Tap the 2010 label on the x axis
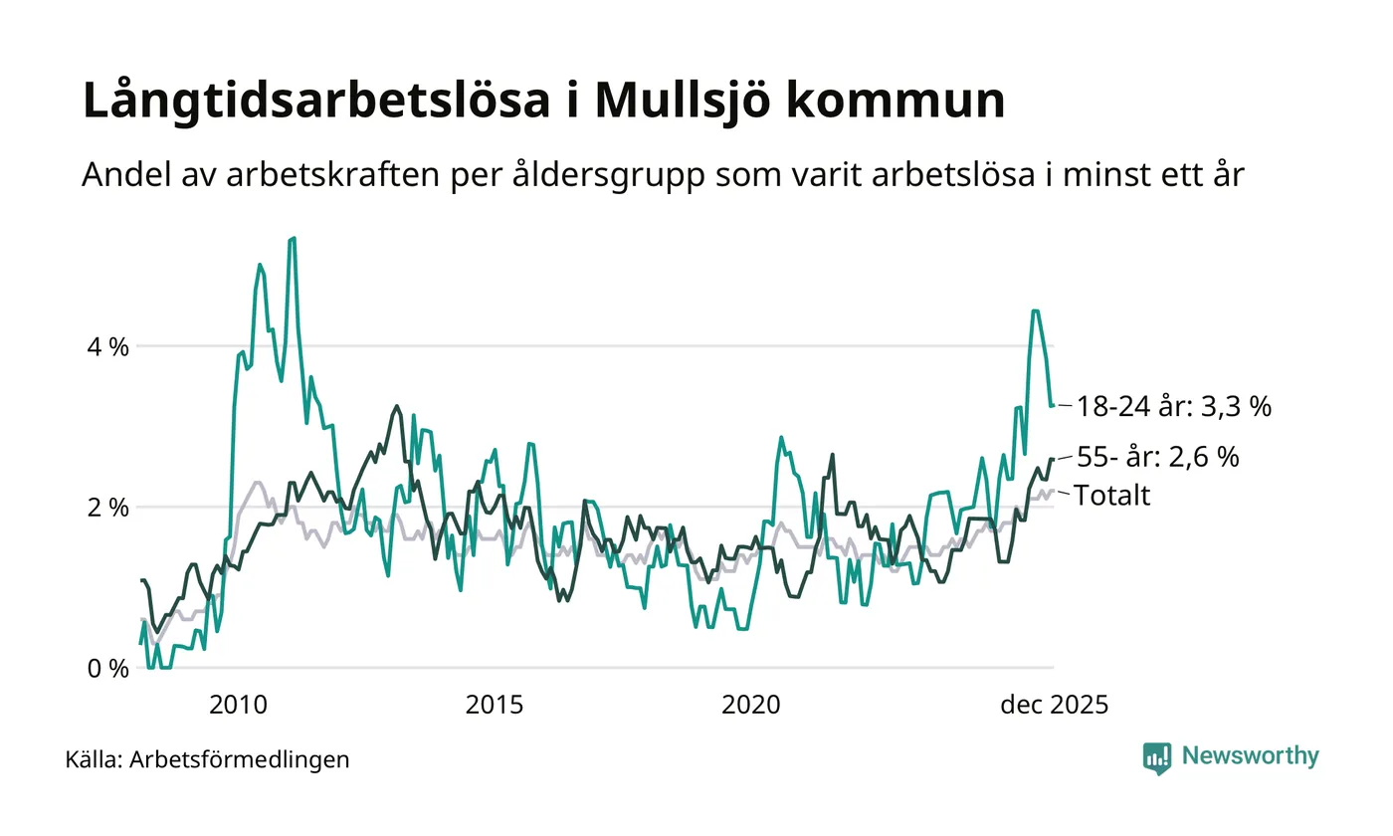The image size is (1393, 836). click(x=239, y=705)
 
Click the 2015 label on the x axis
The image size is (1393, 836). click(x=495, y=705)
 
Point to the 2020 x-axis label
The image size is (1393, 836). click(x=750, y=705)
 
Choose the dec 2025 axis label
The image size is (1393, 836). click(x=1054, y=705)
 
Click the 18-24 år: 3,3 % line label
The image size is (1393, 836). click(x=1174, y=407)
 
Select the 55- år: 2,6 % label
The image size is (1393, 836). click(x=1158, y=458)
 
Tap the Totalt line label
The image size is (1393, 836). click(x=1112, y=496)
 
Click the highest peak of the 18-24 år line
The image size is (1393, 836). click(x=293, y=238)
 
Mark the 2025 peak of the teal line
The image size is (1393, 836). click(x=1036, y=311)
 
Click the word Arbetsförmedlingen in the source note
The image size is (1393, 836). click(x=240, y=759)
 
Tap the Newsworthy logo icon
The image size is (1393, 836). click(x=1157, y=757)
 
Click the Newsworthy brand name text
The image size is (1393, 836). click(x=1251, y=756)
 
